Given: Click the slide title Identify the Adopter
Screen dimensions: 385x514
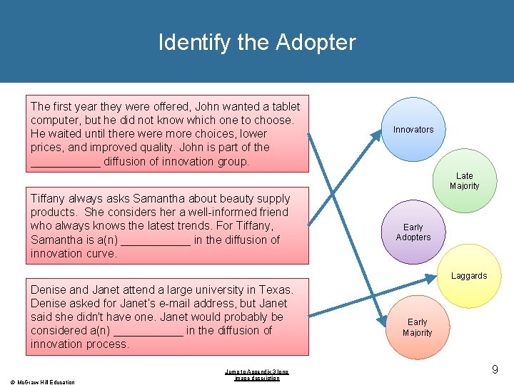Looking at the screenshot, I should [x=257, y=42].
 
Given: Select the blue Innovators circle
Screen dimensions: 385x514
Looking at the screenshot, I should [x=413, y=129].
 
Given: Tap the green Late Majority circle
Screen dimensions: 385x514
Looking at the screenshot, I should [x=465, y=181].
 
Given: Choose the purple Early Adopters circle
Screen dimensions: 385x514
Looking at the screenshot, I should [x=413, y=232].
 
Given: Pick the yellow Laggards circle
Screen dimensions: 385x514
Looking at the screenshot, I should [x=469, y=276].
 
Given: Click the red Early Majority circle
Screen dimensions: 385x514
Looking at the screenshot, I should [x=417, y=327].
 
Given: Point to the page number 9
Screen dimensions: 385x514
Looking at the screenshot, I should [x=495, y=369].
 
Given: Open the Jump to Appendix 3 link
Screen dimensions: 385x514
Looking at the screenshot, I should [x=257, y=374].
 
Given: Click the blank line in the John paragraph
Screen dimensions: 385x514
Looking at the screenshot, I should [x=65, y=162].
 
